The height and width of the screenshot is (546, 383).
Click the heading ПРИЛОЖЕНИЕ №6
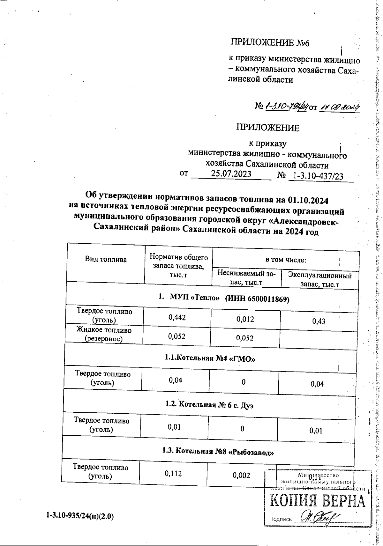coord(270,43)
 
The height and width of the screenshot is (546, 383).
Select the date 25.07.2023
coord(231,174)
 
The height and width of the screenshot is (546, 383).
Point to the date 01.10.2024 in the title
coord(308,200)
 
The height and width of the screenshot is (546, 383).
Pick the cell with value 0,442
coord(177,317)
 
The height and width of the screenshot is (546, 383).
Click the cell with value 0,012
coord(245,319)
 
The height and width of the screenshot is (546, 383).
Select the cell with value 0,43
coord(319,321)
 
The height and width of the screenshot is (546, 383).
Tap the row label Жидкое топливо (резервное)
coord(104,334)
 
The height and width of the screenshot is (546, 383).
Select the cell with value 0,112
coord(173,474)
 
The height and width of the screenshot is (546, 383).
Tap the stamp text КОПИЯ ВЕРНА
coord(318,502)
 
